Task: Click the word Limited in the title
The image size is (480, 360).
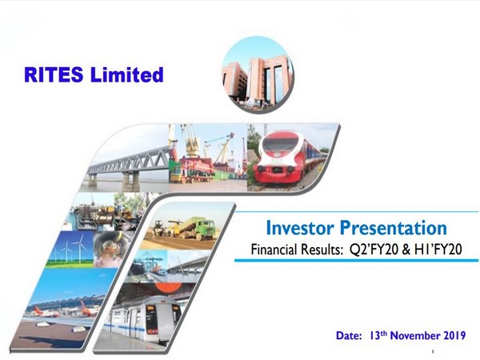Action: click(x=128, y=76)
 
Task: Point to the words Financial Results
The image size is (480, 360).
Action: click(x=294, y=250)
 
